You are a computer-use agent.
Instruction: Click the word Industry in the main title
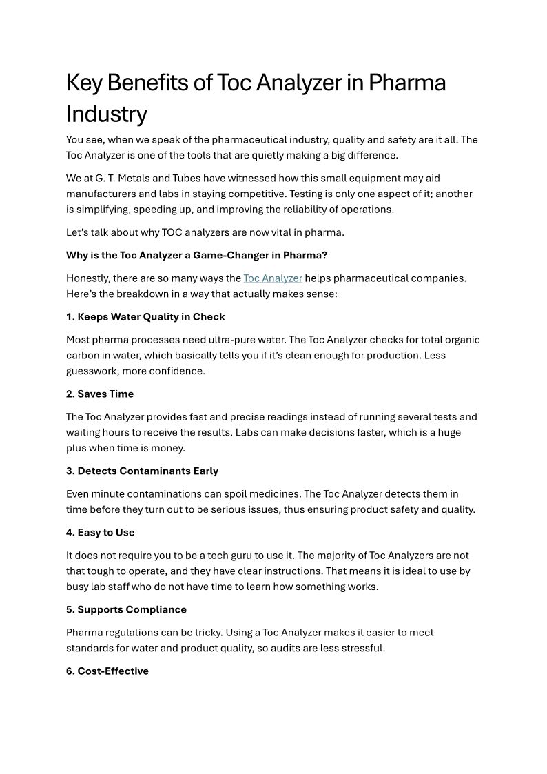(106, 114)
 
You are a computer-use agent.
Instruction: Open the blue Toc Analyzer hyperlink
(273, 278)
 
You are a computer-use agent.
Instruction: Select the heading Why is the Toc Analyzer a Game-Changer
(196, 255)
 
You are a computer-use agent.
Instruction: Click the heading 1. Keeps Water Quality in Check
(145, 317)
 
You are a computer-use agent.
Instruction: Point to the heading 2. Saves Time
(100, 394)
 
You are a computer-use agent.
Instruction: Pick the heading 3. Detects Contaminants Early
(142, 471)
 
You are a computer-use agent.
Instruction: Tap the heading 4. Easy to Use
(101, 533)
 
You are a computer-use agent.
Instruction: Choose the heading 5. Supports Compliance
(126, 610)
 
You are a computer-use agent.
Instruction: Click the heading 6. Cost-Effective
(107, 671)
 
